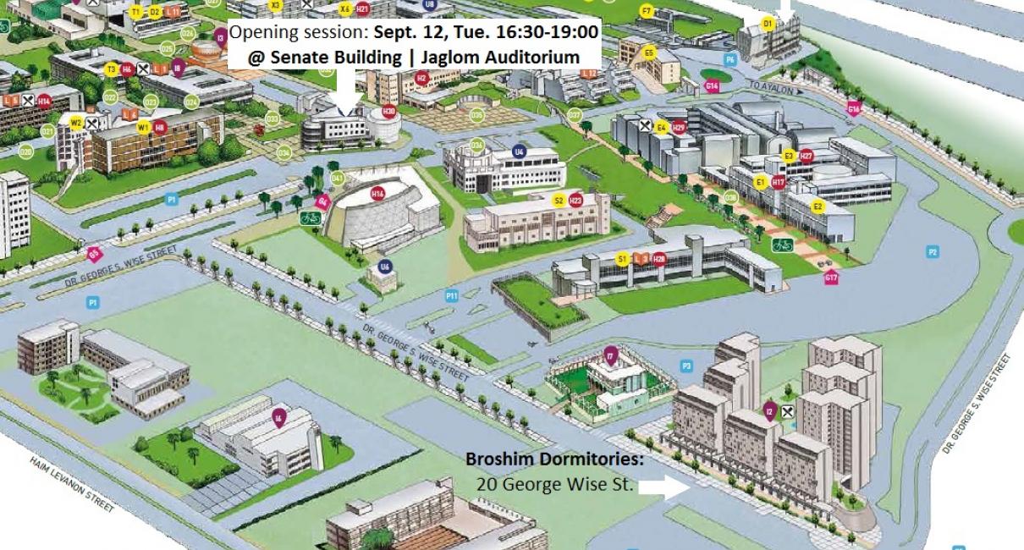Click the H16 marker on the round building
tap(377, 194)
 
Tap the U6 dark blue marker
tap(385, 267)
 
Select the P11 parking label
tap(452, 295)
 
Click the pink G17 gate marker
tap(830, 278)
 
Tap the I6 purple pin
tap(278, 415)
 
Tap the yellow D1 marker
tap(768, 25)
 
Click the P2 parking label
tap(933, 252)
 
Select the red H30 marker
tap(388, 111)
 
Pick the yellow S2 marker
tap(559, 201)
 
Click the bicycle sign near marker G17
tap(784, 246)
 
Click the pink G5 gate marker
tap(94, 252)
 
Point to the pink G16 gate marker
tap(853, 108)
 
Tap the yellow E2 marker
tap(818, 206)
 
